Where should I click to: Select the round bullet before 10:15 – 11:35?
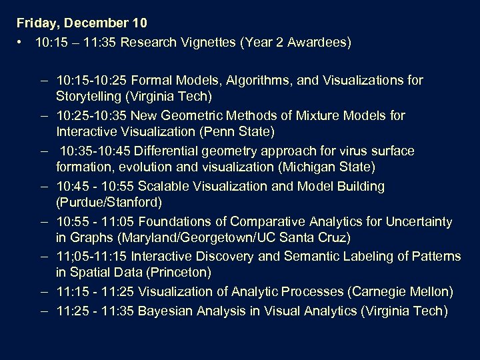(22, 43)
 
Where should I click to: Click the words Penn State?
(239, 131)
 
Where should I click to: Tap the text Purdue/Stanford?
(109, 202)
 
